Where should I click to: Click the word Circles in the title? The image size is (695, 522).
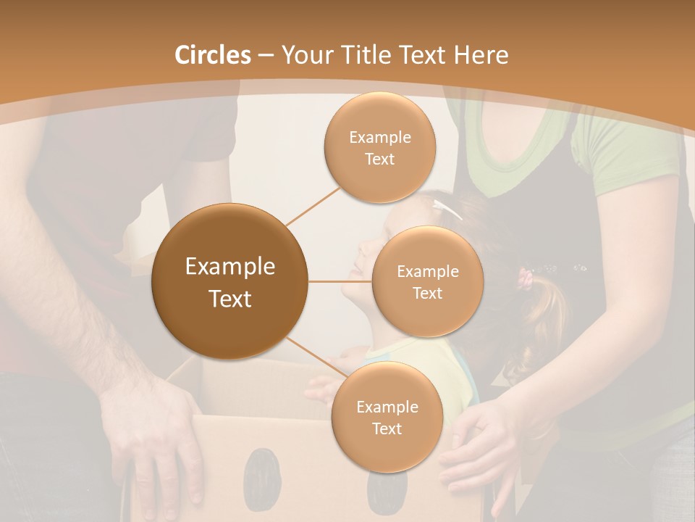point(212,55)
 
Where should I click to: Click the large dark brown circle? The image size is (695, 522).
point(230,281)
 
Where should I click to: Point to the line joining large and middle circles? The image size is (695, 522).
point(340,281)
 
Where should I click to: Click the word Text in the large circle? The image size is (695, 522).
point(230,299)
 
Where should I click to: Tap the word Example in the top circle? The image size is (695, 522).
point(379,138)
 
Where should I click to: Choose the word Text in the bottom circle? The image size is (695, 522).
point(387,428)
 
